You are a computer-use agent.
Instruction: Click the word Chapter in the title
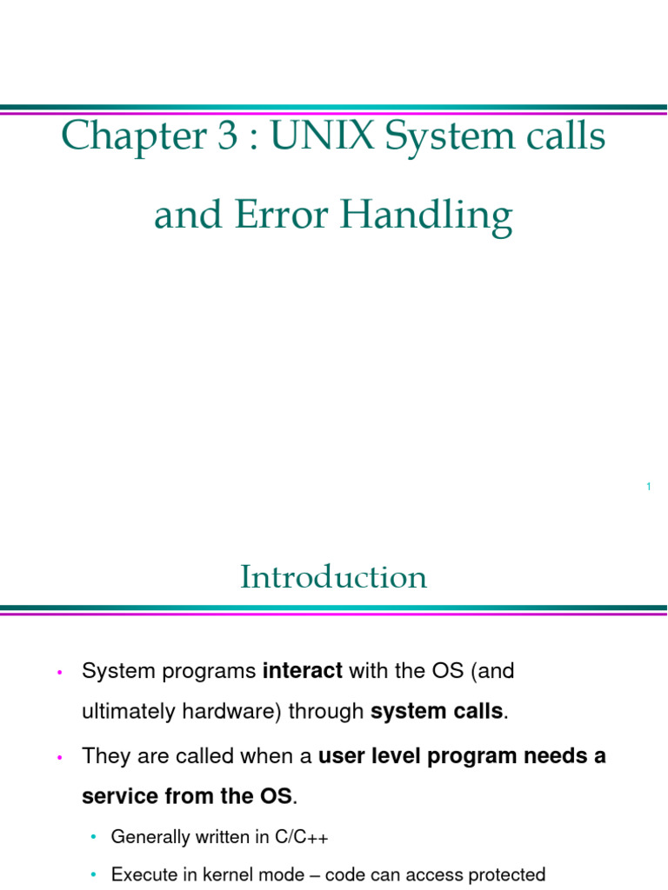(x=119, y=137)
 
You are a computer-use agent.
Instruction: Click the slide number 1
(x=649, y=487)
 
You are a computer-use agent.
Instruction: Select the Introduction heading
(x=334, y=577)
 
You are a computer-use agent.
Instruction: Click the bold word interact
(x=303, y=671)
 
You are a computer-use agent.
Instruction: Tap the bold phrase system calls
(x=437, y=712)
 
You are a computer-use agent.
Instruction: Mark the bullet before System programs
(x=59, y=672)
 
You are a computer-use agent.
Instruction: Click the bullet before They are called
(x=59, y=757)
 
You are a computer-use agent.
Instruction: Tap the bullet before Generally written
(x=93, y=837)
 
